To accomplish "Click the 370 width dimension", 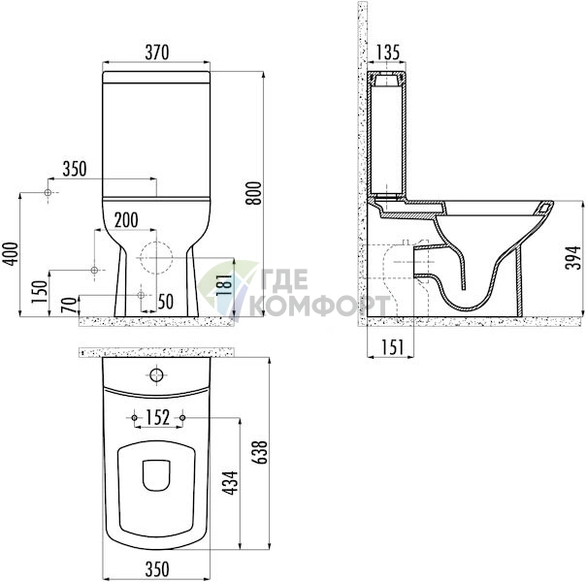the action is (x=157, y=52).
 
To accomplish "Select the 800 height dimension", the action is (x=255, y=193).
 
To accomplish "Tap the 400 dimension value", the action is (x=11, y=254).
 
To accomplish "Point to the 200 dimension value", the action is (x=126, y=220).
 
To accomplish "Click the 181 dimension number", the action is (x=225, y=286).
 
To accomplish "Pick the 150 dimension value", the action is (x=41, y=292).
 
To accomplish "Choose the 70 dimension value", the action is (x=70, y=306).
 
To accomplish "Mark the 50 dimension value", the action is (x=166, y=302).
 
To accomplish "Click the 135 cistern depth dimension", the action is (x=387, y=52).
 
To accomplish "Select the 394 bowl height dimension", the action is (x=573, y=257).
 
